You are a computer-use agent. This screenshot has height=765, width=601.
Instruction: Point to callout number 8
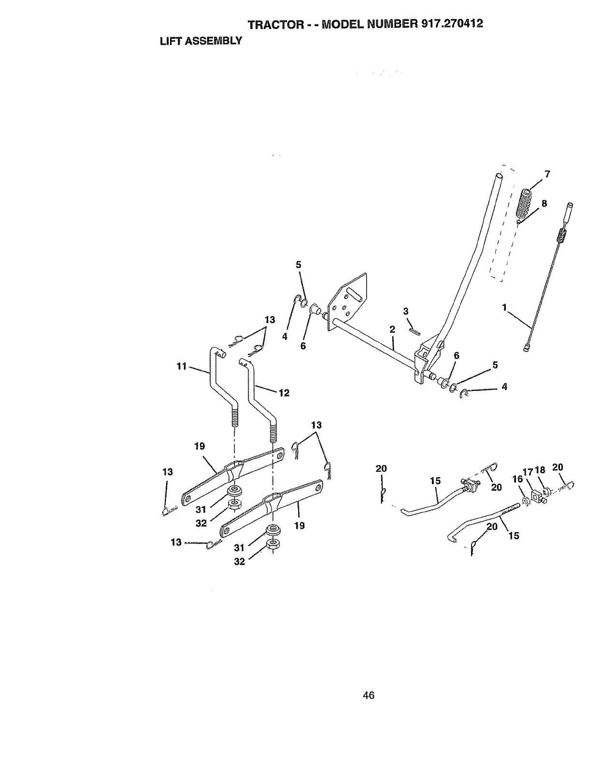click(x=544, y=203)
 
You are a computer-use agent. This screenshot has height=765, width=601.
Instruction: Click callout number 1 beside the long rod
click(x=504, y=306)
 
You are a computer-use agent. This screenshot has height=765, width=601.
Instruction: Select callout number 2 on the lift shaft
click(x=392, y=329)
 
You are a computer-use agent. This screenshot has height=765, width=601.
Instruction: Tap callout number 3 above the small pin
click(x=406, y=311)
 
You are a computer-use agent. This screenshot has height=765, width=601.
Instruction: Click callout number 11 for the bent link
click(x=181, y=367)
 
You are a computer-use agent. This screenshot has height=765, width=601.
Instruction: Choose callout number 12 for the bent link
click(x=284, y=393)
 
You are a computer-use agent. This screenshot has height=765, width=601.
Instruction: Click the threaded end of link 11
click(x=235, y=416)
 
